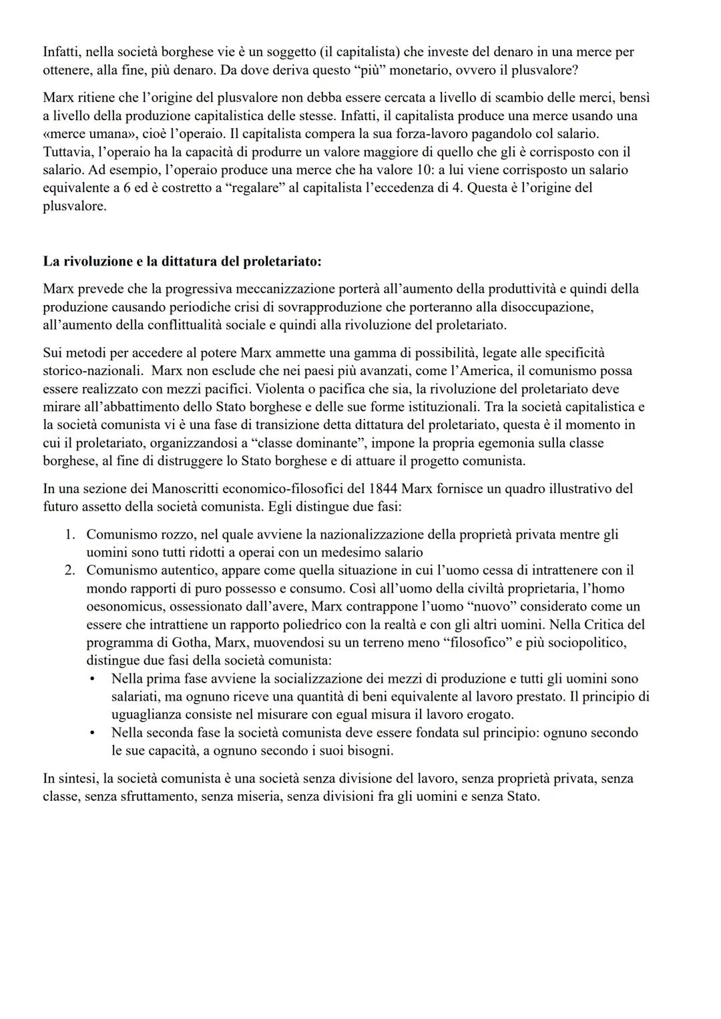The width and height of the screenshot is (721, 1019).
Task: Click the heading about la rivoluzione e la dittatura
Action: click(182, 262)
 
